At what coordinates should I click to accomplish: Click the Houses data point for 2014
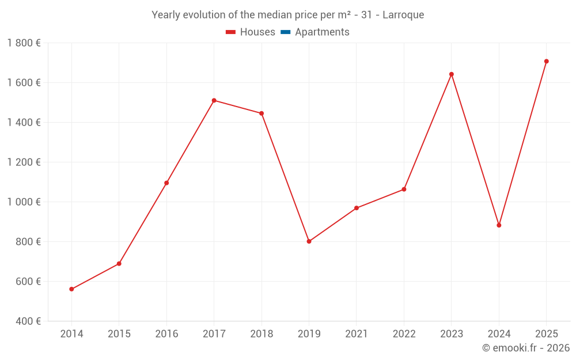(71, 289)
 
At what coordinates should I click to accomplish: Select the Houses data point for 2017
(214, 100)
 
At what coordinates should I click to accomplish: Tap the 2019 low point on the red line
(309, 241)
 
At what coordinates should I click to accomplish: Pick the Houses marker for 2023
(451, 74)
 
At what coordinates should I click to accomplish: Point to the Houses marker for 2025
(546, 61)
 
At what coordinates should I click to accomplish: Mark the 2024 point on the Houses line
(499, 225)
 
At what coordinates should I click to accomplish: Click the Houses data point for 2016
(166, 183)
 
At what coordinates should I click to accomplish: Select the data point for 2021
(357, 208)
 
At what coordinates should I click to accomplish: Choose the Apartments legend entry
(322, 32)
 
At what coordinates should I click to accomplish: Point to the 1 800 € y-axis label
(24, 43)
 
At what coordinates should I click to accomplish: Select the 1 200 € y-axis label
(24, 162)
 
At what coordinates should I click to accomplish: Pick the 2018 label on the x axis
(262, 334)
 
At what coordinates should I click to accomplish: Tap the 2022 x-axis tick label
(404, 334)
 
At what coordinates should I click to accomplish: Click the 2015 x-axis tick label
(119, 334)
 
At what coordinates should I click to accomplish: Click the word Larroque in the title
(403, 15)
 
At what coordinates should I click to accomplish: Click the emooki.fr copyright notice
(526, 348)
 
